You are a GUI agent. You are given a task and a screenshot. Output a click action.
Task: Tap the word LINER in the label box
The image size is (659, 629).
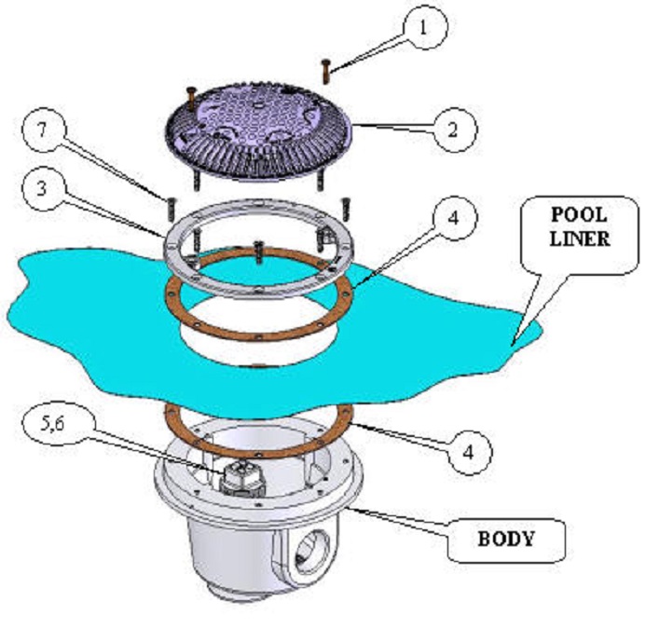coord(578,239)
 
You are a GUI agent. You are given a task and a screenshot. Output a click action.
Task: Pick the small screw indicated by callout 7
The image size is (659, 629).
coord(172,201)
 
